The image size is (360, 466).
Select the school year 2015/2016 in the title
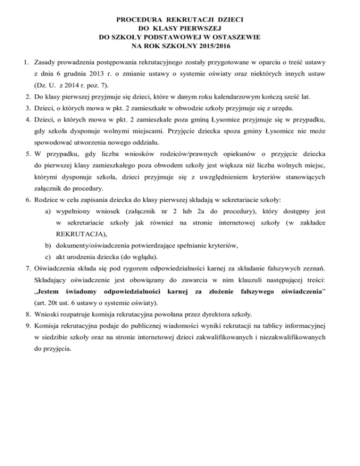pyautogui.click(x=212, y=47)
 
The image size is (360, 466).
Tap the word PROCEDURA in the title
pyautogui.click(x=139, y=20)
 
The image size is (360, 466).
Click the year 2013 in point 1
pyautogui.click(x=101, y=74)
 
